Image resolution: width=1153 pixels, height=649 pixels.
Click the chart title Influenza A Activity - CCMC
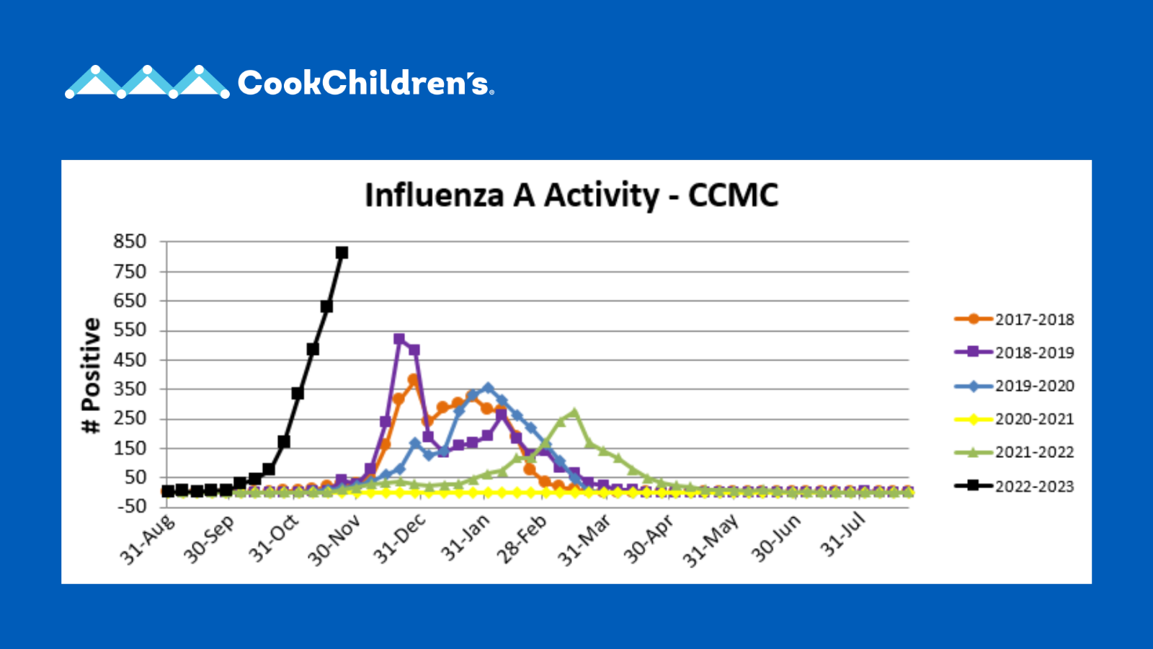(x=571, y=195)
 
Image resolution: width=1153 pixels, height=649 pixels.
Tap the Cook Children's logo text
(x=365, y=83)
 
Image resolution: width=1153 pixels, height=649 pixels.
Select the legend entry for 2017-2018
(x=1014, y=319)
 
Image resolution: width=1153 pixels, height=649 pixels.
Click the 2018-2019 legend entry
(x=1014, y=353)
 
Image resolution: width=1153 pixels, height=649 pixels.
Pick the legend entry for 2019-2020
(x=1014, y=386)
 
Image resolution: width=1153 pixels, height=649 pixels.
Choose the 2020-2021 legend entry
(x=1014, y=419)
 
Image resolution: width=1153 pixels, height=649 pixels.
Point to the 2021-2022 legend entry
(x=1014, y=452)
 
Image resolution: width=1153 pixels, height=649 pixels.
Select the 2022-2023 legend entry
(x=1014, y=486)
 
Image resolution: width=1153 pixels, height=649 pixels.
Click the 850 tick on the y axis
(x=130, y=241)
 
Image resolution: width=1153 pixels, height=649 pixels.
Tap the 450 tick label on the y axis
(x=130, y=360)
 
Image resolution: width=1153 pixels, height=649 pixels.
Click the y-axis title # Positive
(x=91, y=376)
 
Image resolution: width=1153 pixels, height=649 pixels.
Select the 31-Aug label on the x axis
(x=147, y=540)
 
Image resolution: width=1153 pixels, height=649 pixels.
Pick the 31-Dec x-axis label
(x=399, y=539)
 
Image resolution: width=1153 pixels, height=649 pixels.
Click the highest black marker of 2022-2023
(x=342, y=252)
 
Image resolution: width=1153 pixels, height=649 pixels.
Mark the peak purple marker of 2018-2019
(x=399, y=339)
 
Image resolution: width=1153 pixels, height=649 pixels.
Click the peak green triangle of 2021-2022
(x=574, y=412)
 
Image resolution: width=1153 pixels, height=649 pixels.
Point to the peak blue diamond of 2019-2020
(x=488, y=387)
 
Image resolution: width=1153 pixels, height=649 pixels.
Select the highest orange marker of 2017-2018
(x=413, y=379)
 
